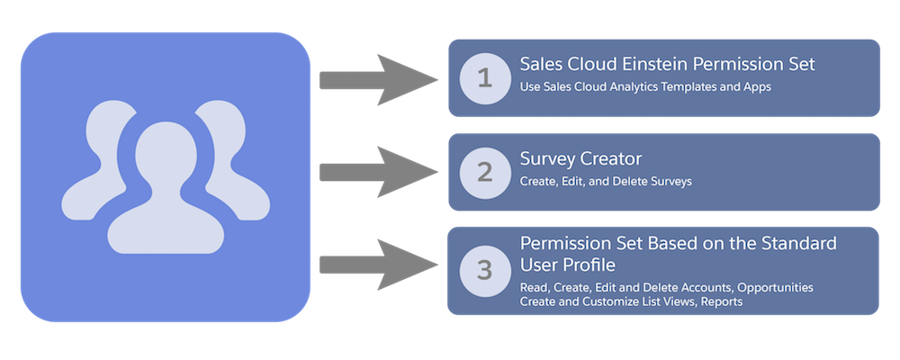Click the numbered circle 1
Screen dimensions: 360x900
[x=485, y=78]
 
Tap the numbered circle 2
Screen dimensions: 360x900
[x=485, y=172]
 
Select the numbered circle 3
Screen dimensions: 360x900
[x=485, y=269]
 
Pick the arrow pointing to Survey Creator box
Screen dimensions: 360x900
[x=378, y=170]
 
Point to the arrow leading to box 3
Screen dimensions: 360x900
[x=378, y=265]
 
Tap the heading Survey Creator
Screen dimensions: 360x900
[x=580, y=159]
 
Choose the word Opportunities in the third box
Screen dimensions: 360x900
[x=775, y=287]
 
